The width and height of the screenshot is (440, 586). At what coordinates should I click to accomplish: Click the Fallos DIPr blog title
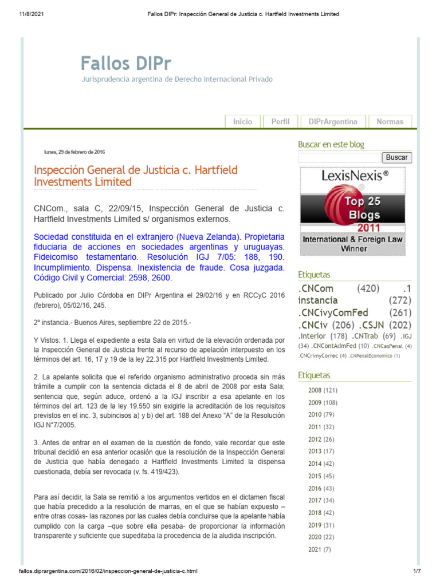(125, 62)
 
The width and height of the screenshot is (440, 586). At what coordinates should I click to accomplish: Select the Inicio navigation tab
(242, 121)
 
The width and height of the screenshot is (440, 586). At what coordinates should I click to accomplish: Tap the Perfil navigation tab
(280, 121)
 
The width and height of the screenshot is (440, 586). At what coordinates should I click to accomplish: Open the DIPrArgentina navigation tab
(332, 121)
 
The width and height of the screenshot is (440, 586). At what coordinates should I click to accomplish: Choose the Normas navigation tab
(390, 121)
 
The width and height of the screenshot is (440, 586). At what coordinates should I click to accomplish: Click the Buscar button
(396, 157)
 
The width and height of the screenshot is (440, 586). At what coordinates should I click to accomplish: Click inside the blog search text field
(339, 157)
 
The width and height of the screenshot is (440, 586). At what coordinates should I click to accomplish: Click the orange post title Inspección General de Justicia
(136, 176)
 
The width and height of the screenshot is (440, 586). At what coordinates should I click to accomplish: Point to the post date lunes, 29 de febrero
(74, 152)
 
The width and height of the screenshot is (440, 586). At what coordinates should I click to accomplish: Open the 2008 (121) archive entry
(323, 390)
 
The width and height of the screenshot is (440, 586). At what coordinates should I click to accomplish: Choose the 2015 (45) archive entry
(321, 476)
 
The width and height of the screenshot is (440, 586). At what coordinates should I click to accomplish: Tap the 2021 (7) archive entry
(320, 550)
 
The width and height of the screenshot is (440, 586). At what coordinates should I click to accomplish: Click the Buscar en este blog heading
(331, 145)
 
